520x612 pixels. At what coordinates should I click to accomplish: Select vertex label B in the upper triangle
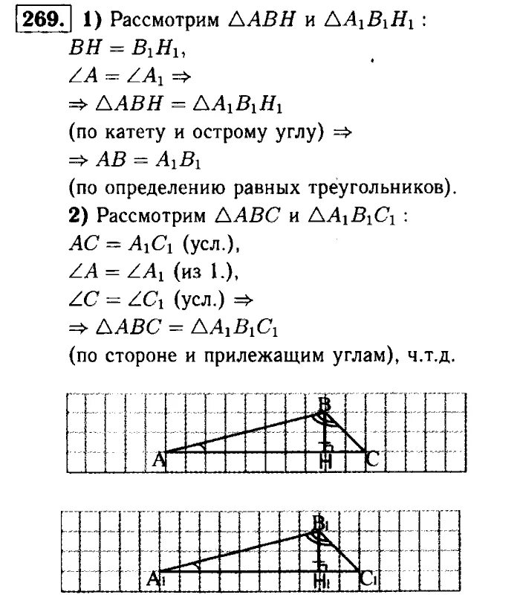324,405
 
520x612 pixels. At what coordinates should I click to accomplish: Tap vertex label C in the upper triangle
372,461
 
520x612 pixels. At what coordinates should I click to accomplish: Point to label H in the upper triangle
324,463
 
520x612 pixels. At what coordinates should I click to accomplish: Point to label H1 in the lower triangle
323,581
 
